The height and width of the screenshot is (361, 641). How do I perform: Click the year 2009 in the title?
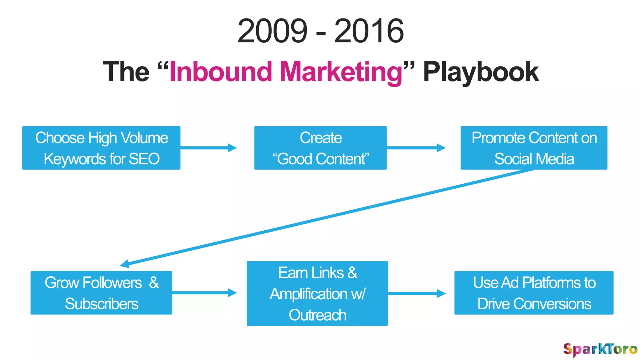pyautogui.click(x=272, y=31)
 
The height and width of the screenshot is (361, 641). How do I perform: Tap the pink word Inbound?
pyautogui.click(x=220, y=72)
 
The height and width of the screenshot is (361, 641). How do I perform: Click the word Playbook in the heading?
pyautogui.click(x=481, y=72)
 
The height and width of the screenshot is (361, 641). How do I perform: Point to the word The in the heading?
pyautogui.click(x=126, y=72)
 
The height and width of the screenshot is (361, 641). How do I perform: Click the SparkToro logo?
pyautogui.click(x=600, y=349)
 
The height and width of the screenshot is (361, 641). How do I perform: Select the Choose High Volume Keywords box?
pyautogui.click(x=101, y=148)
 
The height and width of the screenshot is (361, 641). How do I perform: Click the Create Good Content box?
pyautogui.click(x=320, y=148)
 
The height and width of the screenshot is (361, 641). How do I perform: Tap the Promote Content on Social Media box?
pyautogui.click(x=534, y=148)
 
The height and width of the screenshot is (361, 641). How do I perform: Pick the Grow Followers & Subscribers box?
pyautogui.click(x=101, y=293)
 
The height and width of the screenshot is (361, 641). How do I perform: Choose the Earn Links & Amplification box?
pyautogui.click(x=317, y=293)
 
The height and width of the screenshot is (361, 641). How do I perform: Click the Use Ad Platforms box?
pyautogui.click(x=534, y=293)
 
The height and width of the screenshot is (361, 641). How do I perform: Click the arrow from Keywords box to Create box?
pyautogui.click(x=208, y=148)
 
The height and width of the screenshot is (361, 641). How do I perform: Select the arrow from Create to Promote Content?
pyautogui.click(x=416, y=148)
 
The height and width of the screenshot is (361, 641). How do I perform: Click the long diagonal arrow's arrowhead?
pyautogui.click(x=125, y=264)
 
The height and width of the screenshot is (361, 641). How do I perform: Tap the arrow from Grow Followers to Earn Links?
pyautogui.click(x=204, y=293)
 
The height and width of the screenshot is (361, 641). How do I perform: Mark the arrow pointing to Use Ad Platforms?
pyautogui.click(x=416, y=293)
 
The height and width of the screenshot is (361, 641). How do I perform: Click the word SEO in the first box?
pyautogui.click(x=144, y=159)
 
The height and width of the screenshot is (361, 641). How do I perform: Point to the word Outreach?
pyautogui.click(x=317, y=315)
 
